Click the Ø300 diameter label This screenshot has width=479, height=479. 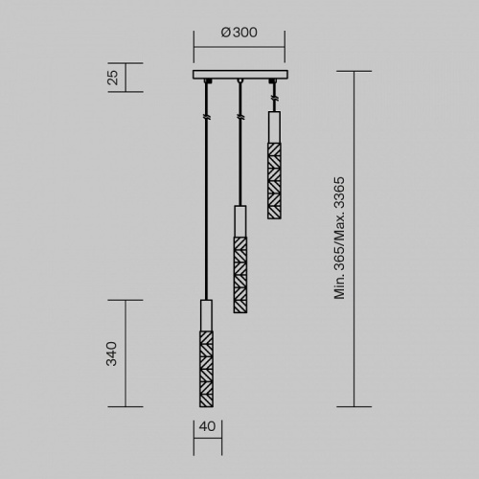239,33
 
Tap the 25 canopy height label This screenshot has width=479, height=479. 112,78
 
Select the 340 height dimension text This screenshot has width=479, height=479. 112,354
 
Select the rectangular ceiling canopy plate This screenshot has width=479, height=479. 239,75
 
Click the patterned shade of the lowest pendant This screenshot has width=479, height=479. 206,368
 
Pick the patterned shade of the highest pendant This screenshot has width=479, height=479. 273,170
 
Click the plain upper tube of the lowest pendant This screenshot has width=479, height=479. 206,315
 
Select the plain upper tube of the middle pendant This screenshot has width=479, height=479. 239,220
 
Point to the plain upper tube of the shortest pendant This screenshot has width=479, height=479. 273,125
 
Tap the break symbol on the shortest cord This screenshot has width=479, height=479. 273,100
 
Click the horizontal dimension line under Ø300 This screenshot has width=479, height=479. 239,46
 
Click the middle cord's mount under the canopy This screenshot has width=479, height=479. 239,83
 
